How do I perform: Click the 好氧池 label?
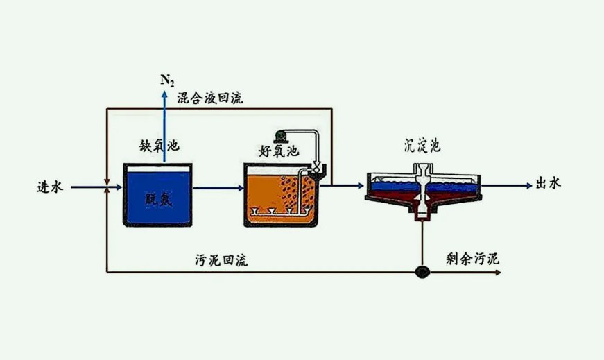point(278,151)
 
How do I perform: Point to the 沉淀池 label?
point(422,146)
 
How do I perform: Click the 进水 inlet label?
point(50,187)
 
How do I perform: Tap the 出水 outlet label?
point(548,184)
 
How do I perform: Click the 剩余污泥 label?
point(472,259)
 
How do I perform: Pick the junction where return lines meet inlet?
point(105,187)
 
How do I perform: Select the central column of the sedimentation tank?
point(422,187)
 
